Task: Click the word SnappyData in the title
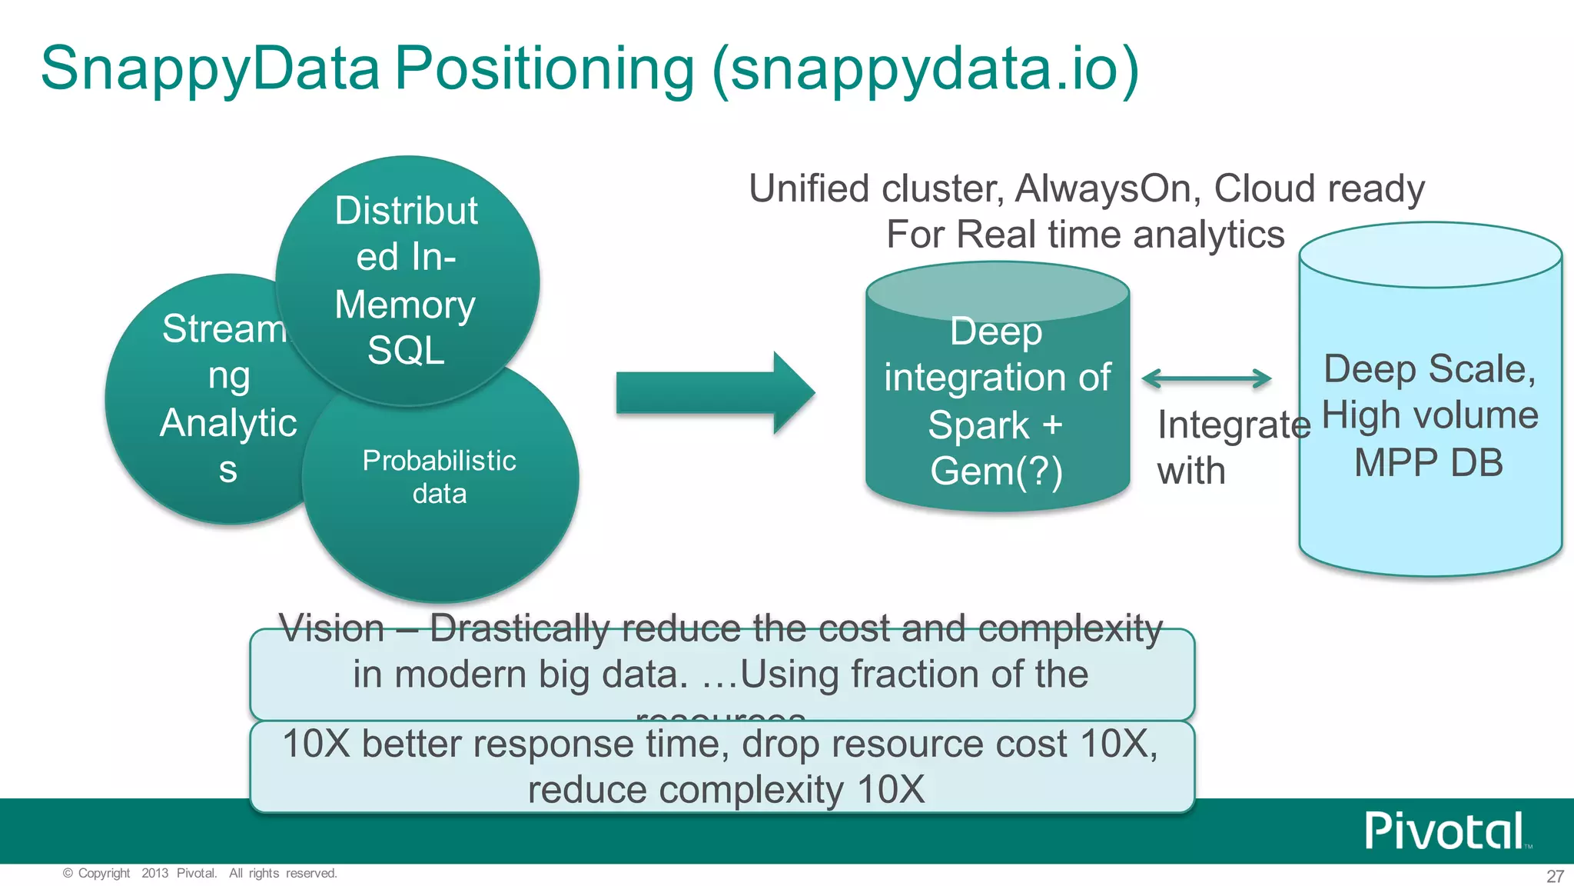(x=210, y=69)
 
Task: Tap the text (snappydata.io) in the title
(x=925, y=69)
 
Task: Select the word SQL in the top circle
(x=406, y=351)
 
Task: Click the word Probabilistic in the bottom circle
(x=439, y=461)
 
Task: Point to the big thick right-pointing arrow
(x=715, y=393)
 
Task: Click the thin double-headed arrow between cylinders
(x=1206, y=378)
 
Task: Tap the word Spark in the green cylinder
(x=978, y=425)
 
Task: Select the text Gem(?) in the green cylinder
(x=996, y=471)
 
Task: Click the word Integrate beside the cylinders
(x=1234, y=425)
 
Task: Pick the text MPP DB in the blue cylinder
(x=1428, y=463)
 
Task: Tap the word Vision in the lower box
(x=331, y=628)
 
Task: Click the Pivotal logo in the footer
(x=1443, y=831)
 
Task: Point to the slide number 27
(x=1555, y=876)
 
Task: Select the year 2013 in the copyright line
(x=154, y=873)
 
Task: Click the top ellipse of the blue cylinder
(x=1430, y=255)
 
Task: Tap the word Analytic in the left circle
(x=228, y=424)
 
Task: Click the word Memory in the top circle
(x=405, y=305)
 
